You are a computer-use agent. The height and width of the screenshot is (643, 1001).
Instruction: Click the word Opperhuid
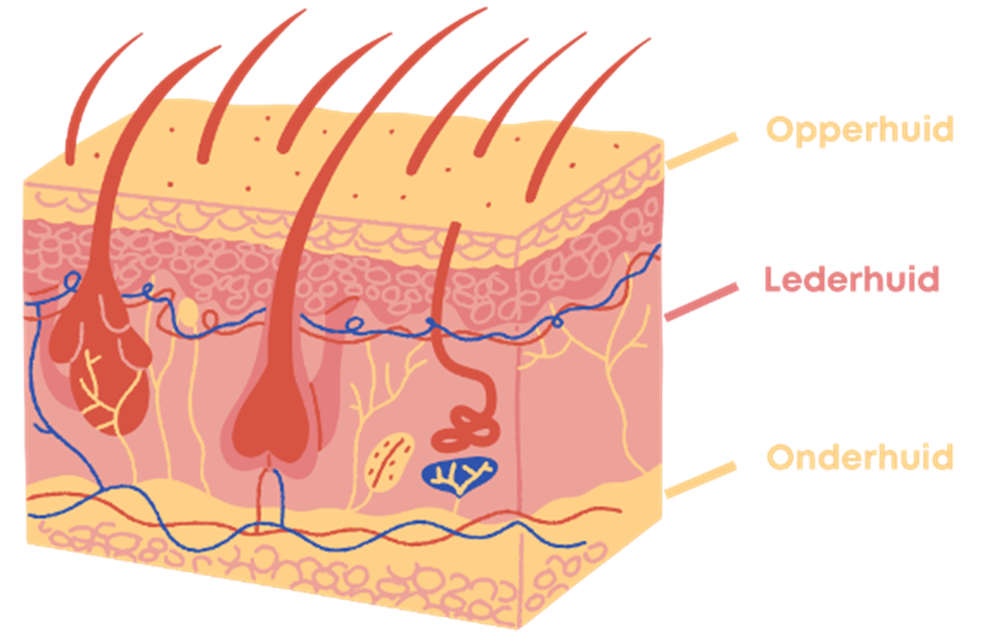(x=860, y=130)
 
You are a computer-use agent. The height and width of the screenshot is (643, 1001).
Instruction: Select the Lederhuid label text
(x=852, y=280)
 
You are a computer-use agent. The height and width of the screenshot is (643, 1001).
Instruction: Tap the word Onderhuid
(x=860, y=456)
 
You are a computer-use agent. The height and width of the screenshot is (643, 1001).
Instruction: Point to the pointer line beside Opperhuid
(x=702, y=151)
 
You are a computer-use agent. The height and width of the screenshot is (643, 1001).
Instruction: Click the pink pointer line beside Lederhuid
(x=702, y=302)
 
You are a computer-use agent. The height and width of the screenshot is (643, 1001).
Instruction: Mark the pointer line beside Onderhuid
(x=701, y=480)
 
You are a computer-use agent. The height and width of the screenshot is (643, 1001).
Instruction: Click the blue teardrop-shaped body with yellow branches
(x=460, y=476)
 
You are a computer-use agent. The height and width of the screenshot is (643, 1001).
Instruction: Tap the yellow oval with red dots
(x=389, y=462)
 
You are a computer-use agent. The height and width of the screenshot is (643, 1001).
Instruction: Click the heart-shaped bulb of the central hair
(x=271, y=429)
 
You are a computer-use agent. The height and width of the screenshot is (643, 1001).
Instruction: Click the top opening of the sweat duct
(x=456, y=224)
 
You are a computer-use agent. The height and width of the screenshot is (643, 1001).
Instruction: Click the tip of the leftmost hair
(x=141, y=33)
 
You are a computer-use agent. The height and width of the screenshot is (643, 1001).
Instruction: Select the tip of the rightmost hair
(x=650, y=39)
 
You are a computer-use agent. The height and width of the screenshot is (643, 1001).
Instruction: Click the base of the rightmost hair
(x=530, y=197)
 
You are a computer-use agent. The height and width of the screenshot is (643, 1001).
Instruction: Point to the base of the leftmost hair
(x=70, y=160)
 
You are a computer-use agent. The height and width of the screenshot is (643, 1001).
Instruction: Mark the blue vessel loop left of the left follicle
(x=72, y=282)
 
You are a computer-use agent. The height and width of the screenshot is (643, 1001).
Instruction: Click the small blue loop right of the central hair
(x=355, y=325)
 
